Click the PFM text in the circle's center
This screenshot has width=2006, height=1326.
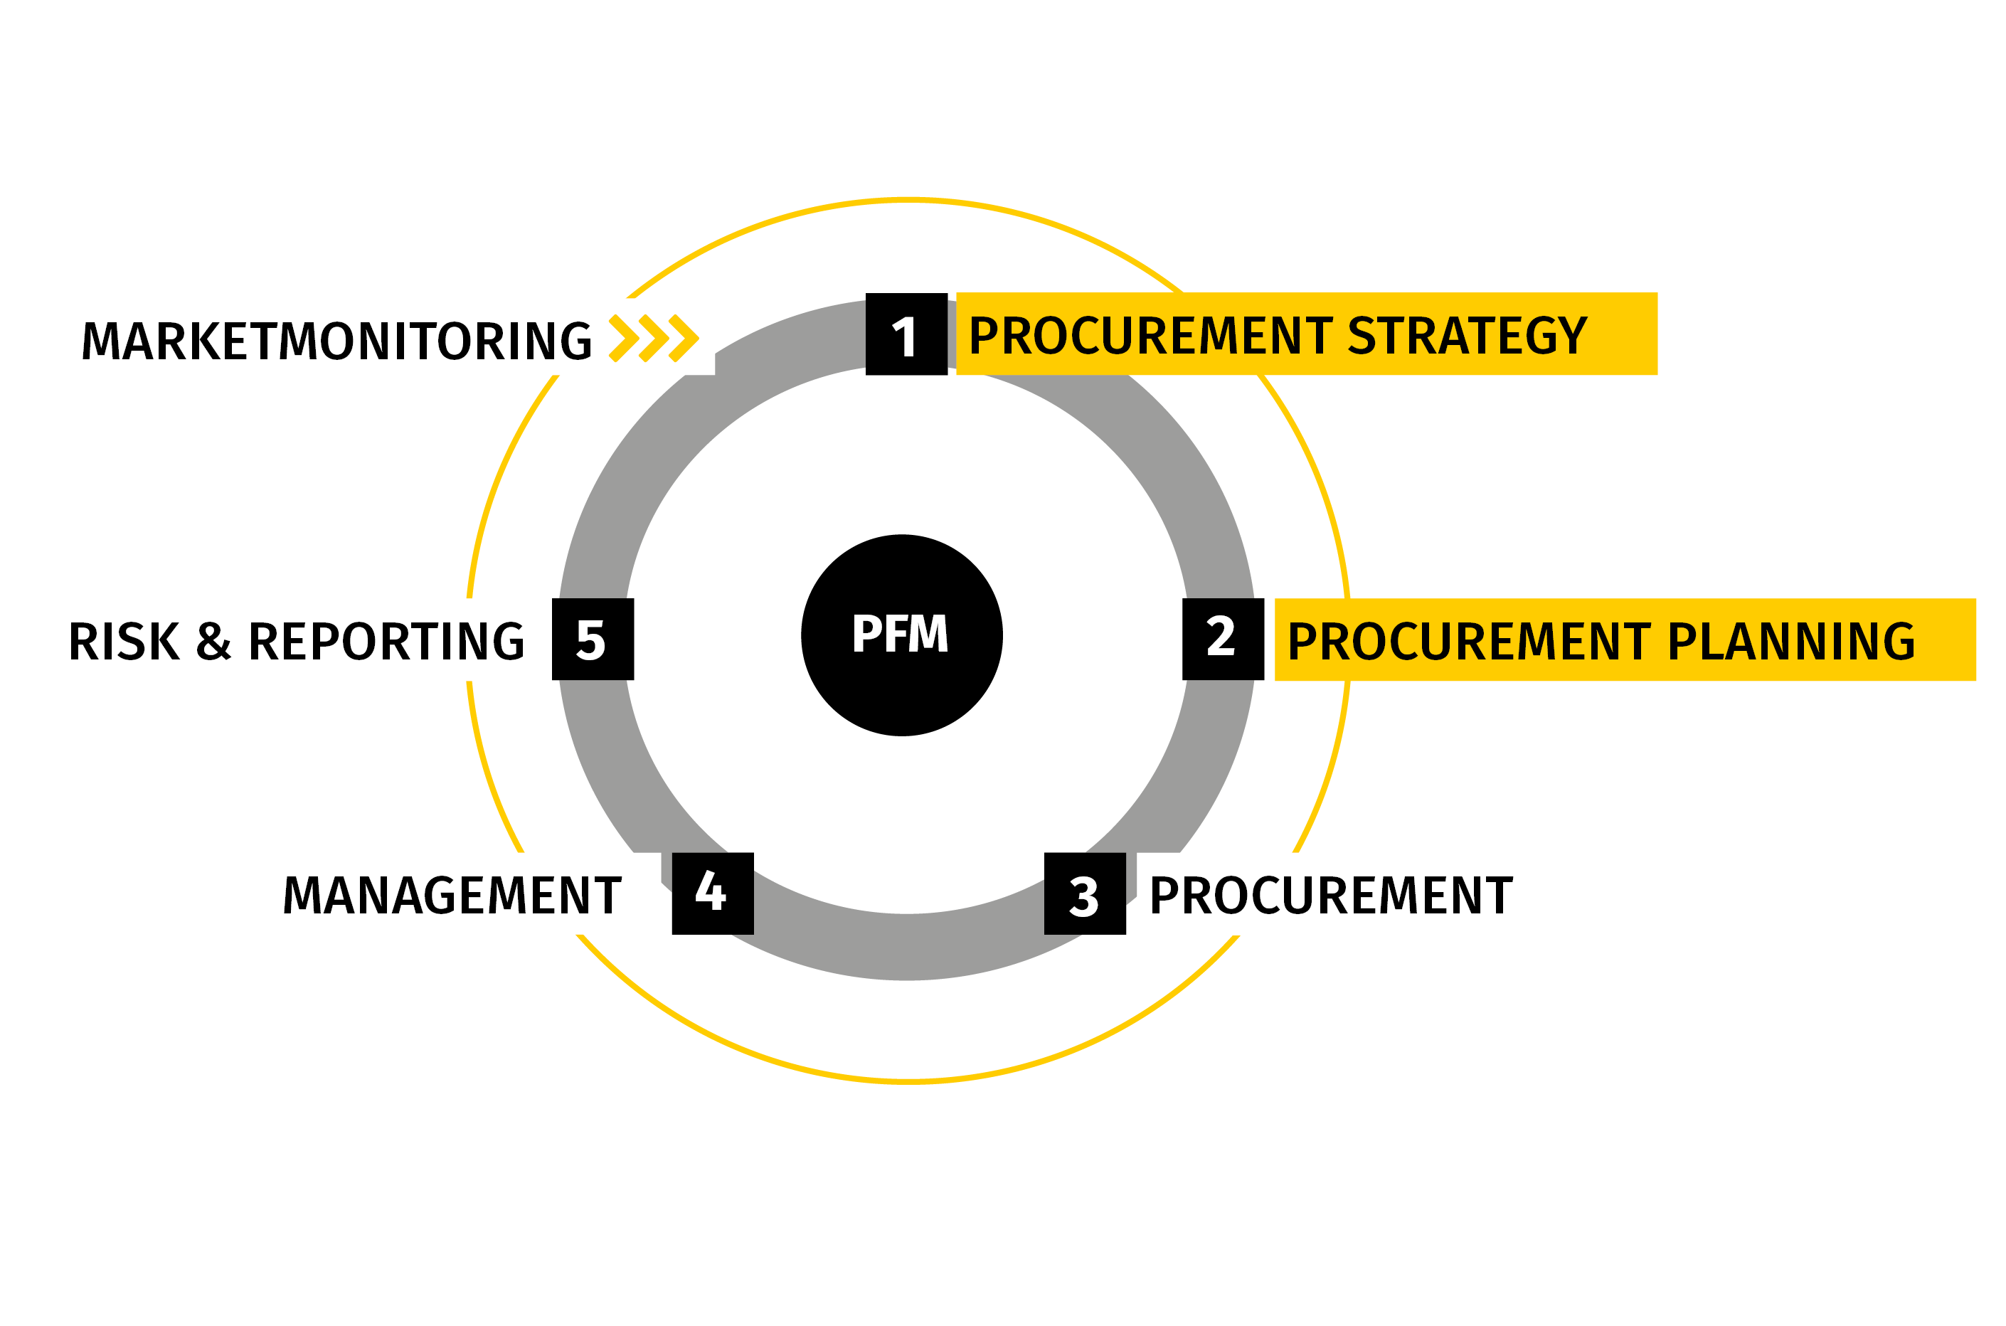900,635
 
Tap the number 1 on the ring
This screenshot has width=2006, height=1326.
904,336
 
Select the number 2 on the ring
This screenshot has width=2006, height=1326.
1221,637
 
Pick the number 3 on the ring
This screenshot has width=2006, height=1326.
1083,897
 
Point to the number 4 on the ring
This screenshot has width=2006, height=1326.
711,891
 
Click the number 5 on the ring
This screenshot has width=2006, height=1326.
590,640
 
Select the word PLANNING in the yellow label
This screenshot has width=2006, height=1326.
1791,641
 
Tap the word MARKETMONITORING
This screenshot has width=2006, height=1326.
336,340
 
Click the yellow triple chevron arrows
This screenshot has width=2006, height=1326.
654,339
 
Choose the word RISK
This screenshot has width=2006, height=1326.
124,641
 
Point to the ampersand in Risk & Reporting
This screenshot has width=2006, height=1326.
213,641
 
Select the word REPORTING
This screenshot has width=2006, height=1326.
386,641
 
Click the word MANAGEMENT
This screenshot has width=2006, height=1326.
452,896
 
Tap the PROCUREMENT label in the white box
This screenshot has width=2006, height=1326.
1330,896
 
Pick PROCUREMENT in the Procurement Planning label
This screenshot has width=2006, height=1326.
1469,641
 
